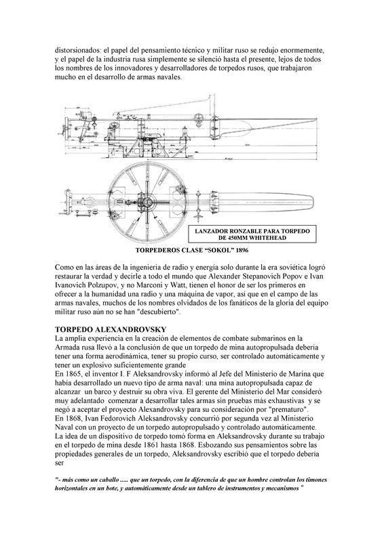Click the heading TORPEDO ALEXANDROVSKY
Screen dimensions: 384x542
[111, 329]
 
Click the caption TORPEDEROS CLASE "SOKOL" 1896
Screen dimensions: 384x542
[192, 250]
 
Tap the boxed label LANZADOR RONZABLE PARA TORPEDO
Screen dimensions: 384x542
[252, 231]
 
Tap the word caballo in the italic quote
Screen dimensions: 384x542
[106, 480]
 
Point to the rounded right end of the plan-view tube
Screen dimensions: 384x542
[314, 201]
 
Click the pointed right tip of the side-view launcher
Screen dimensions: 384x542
[316, 119]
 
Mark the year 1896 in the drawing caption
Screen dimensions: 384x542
[242, 250]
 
